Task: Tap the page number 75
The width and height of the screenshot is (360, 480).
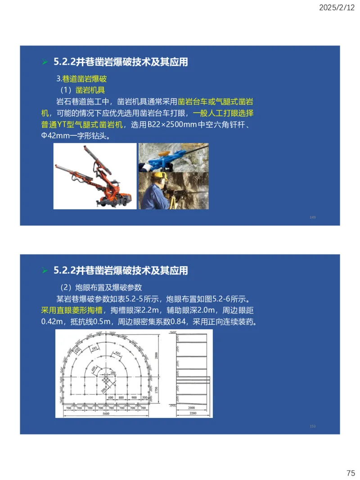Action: [351, 473]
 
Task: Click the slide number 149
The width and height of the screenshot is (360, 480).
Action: [313, 217]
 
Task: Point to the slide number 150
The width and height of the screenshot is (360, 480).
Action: [313, 426]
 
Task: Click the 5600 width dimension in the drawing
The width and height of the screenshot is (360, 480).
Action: [106, 413]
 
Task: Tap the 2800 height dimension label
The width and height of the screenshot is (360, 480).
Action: [157, 355]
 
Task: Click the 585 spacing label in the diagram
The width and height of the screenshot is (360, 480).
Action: [94, 348]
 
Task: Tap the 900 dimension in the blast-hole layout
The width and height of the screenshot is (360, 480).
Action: [134, 398]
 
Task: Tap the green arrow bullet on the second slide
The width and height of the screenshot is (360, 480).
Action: [45, 271]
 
